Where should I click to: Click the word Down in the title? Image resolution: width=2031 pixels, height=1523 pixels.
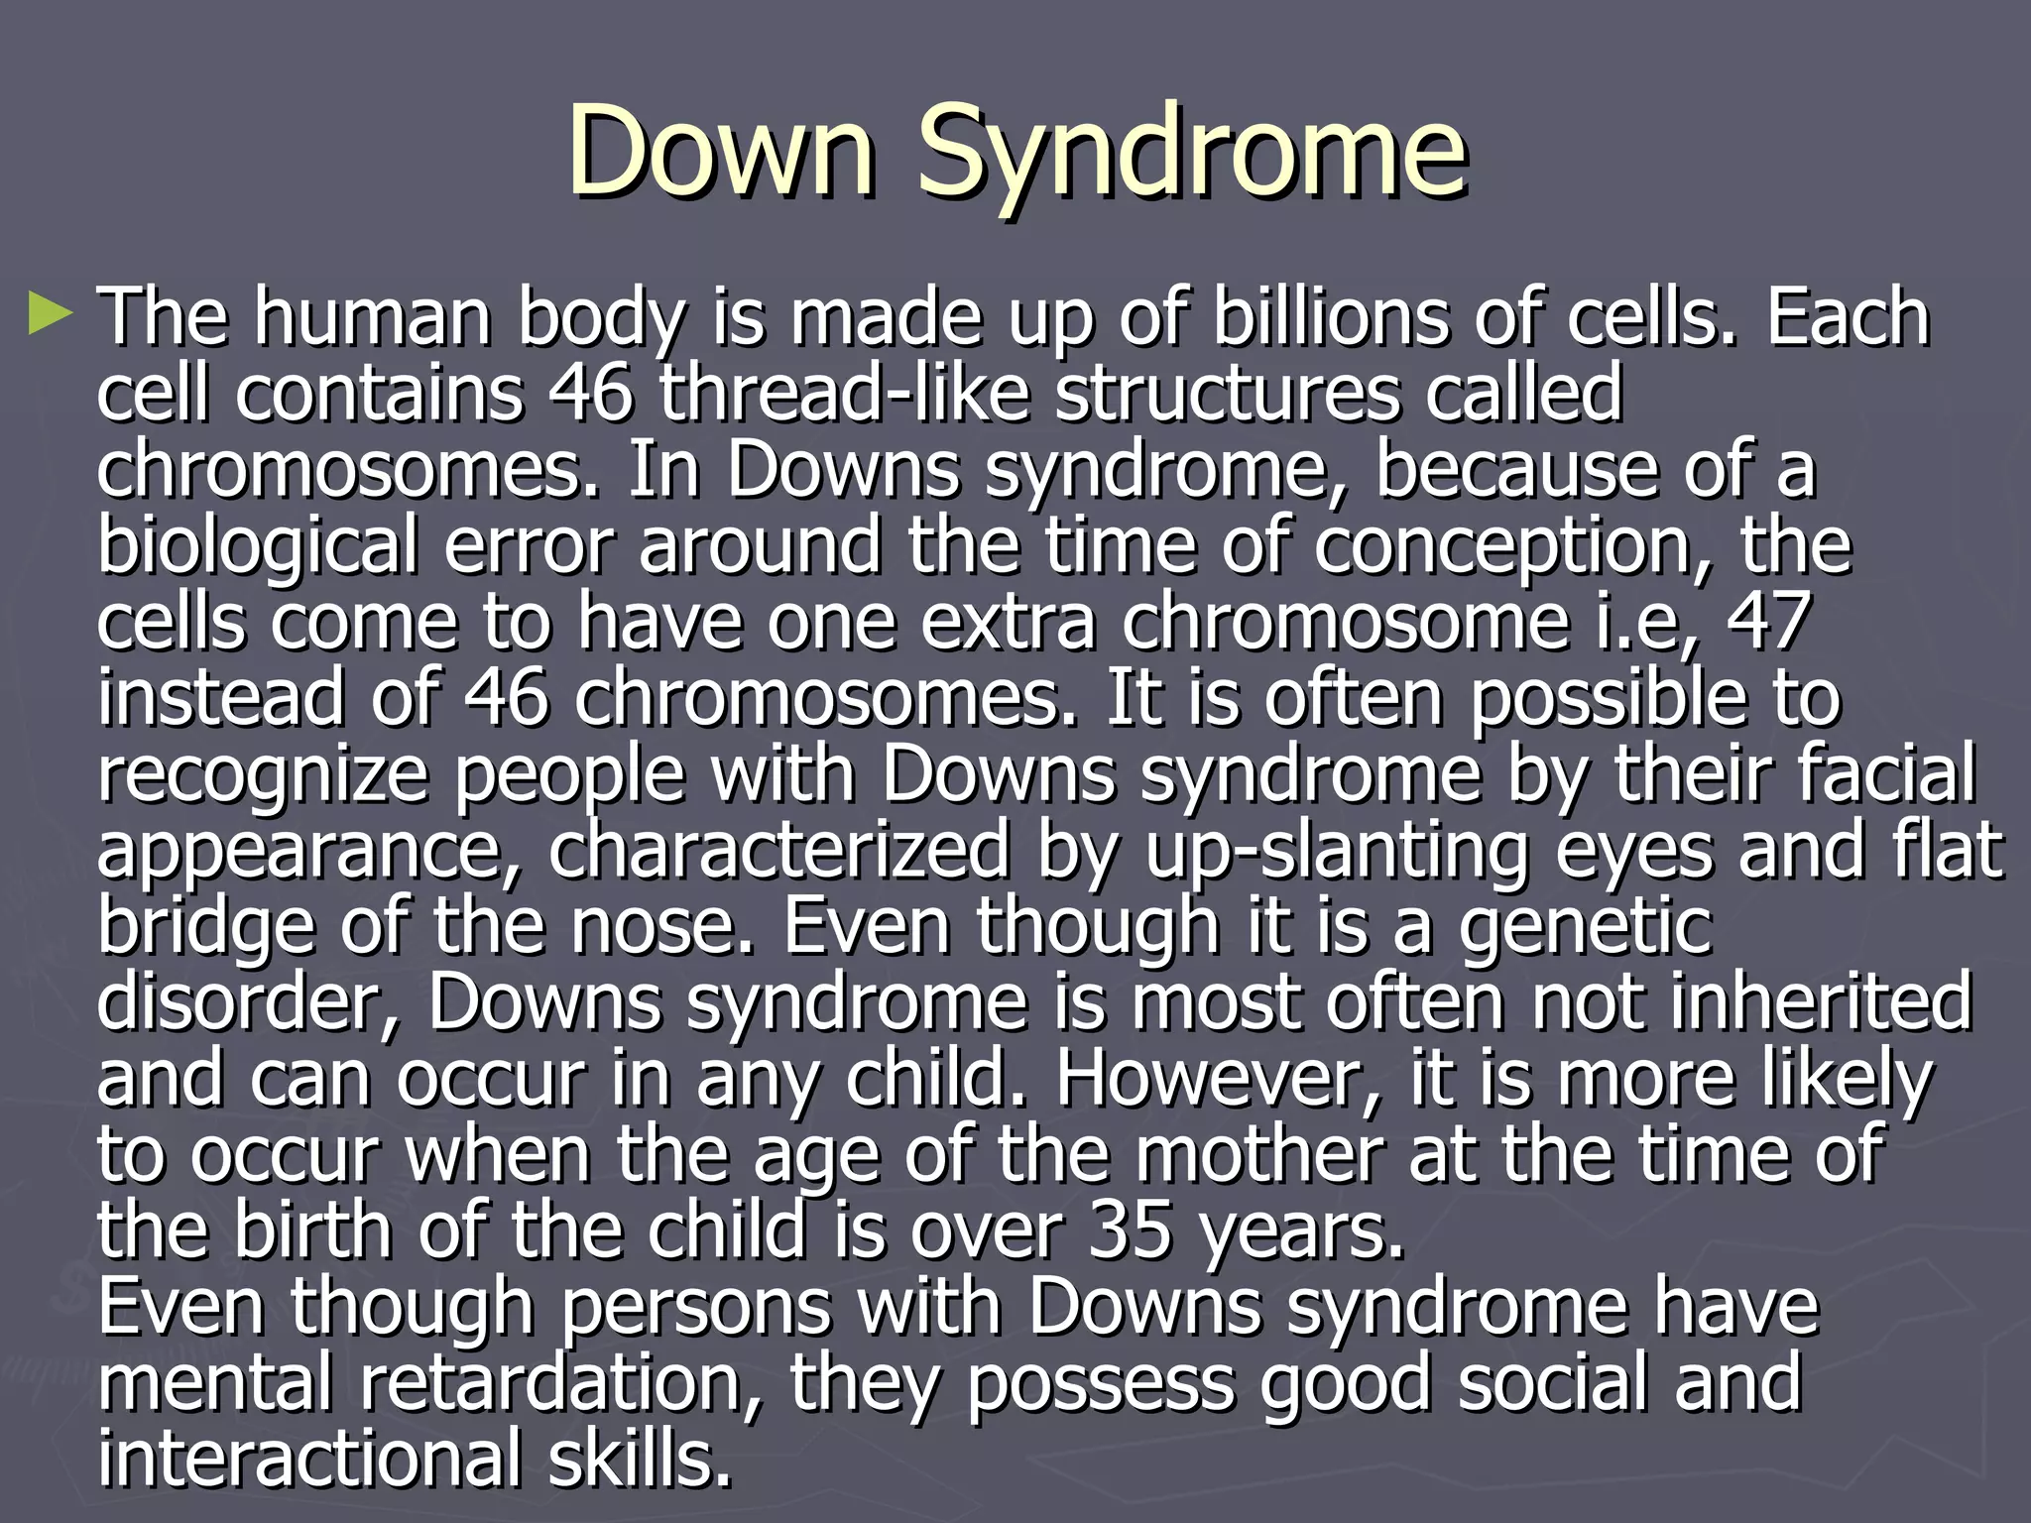pyautogui.click(x=721, y=152)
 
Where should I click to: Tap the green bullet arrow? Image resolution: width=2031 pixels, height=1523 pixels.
pyautogui.click(x=51, y=313)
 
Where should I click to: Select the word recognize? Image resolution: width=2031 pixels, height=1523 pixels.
pyautogui.click(x=263, y=776)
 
